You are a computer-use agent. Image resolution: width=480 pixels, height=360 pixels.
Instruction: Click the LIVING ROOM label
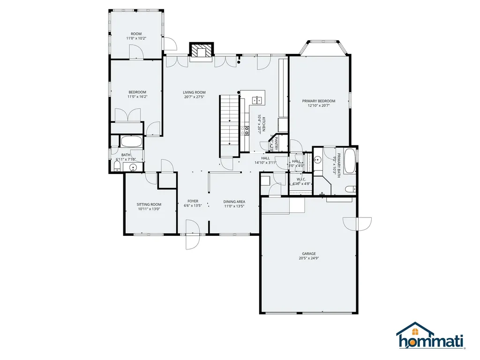(x=194, y=92)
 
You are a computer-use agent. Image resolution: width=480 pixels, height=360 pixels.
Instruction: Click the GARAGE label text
(x=308, y=254)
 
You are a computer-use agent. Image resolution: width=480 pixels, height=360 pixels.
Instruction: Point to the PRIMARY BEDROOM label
(x=319, y=101)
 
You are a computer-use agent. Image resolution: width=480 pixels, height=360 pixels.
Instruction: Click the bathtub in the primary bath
(x=350, y=161)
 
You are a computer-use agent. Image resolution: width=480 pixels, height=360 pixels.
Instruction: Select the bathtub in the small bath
(x=131, y=142)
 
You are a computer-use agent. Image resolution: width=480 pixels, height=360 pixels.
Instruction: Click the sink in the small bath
(x=133, y=167)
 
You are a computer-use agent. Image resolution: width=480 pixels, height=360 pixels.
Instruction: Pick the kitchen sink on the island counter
(x=257, y=99)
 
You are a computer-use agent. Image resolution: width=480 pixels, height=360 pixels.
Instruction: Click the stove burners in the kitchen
(x=246, y=130)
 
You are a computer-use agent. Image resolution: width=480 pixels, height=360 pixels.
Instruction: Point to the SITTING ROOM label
(x=149, y=204)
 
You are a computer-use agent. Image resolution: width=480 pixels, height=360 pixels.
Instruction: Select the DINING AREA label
(x=234, y=202)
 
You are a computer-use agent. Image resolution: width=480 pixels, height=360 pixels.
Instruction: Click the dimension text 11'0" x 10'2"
(x=136, y=38)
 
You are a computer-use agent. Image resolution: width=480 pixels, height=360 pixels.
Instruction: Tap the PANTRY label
(x=277, y=143)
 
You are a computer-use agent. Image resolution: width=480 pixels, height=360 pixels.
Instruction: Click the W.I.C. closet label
(x=301, y=179)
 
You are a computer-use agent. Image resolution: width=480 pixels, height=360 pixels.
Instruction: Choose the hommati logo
(x=430, y=337)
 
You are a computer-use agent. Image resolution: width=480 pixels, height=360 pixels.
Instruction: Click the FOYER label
(x=193, y=201)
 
